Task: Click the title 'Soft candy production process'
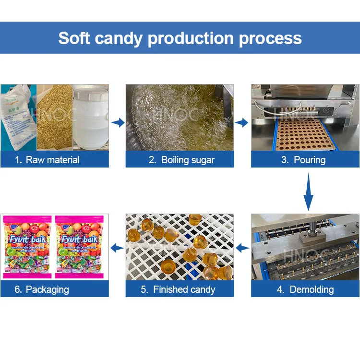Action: point(180,38)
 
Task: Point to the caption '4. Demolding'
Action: point(305,289)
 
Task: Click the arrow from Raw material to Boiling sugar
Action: point(118,123)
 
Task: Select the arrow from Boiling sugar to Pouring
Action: point(242,123)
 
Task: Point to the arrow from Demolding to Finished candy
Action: point(242,248)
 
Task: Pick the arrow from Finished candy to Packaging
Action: point(117,248)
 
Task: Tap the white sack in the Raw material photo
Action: point(18,118)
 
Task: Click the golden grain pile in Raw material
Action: point(54,118)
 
